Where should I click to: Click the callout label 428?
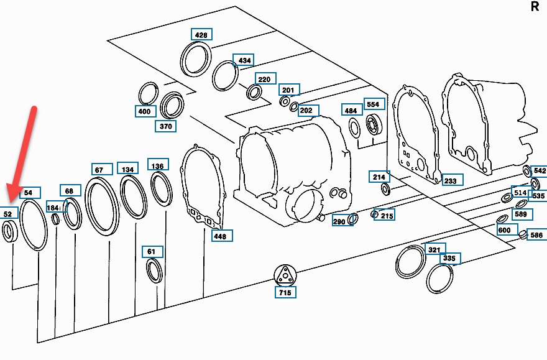pyautogui.click(x=201, y=35)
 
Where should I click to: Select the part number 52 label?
pyautogui.click(x=8, y=214)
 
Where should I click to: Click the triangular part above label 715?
pyautogui.click(x=285, y=274)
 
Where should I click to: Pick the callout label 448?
pyautogui.click(x=220, y=236)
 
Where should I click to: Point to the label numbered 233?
pyautogui.click(x=449, y=181)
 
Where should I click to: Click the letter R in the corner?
pyautogui.click(x=535, y=7)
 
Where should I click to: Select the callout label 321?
pyautogui.click(x=434, y=249)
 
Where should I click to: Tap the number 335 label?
pyautogui.click(x=449, y=258)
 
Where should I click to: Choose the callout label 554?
pyautogui.click(x=372, y=104)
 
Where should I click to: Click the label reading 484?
pyautogui.click(x=351, y=111)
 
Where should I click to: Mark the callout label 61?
pyautogui.click(x=152, y=252)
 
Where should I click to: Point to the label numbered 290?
pyautogui.click(x=339, y=221)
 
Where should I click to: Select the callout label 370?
pyautogui.click(x=165, y=126)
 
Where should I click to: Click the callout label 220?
pyautogui.click(x=264, y=80)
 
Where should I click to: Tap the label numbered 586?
pyautogui.click(x=536, y=236)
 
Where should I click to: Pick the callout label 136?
pyautogui.click(x=158, y=166)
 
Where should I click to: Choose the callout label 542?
pyautogui.click(x=539, y=170)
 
